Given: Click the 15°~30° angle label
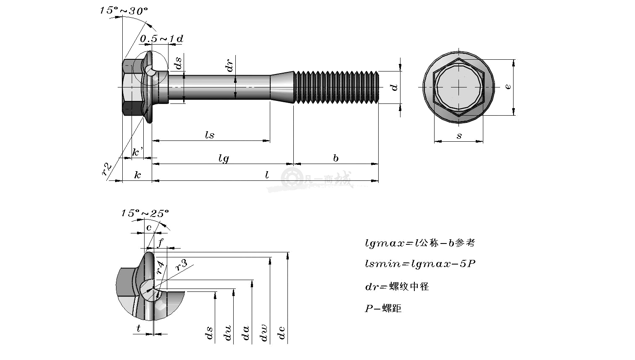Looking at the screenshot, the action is coord(124,11).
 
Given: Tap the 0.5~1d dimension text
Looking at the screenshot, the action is coord(161,39).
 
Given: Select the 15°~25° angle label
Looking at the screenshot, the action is coord(145,213).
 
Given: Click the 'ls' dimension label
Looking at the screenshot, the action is coord(210,135).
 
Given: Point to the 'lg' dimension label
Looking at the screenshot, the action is coord(224,159).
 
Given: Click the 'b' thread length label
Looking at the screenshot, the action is coord(336,158).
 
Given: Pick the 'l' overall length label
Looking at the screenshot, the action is coord(267,175).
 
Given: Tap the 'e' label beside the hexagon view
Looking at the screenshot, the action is coord(508,86).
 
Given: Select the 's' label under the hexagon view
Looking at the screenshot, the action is coord(459,136).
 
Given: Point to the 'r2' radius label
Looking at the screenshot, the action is coord(107,169).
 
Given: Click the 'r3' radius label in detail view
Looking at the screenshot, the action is coord(181,265).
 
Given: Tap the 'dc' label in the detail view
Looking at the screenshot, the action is coord(281,333).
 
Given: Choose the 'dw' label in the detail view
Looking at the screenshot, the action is coord(263,333).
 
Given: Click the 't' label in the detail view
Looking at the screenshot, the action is coord(138,328).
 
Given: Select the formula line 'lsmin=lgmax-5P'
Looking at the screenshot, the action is coord(420,264).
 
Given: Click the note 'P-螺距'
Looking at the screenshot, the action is coord(383,308).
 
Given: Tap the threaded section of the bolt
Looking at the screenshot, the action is coord(336,87).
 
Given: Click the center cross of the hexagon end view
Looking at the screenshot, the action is coord(459,87).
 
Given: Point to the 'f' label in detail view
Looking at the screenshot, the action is coord(161,243).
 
